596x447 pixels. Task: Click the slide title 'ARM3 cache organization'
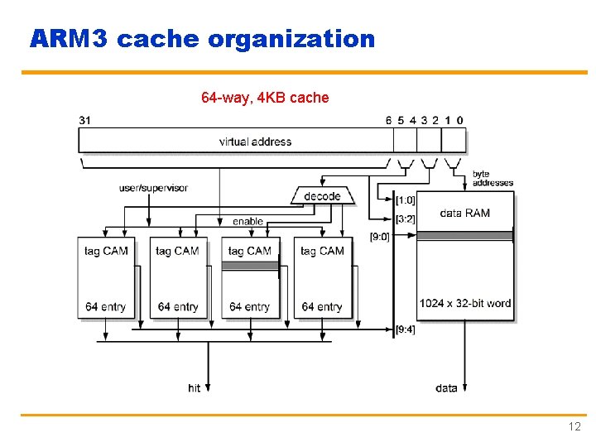(202, 39)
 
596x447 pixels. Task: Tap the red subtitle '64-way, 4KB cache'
(265, 98)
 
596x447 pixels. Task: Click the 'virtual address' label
(255, 142)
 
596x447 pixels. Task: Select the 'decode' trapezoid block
(322, 196)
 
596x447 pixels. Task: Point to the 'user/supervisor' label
(153, 188)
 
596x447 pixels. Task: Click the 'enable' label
(248, 221)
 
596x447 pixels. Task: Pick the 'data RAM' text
(464, 213)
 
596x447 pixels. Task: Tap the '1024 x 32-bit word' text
(465, 303)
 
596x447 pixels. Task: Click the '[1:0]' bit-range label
(406, 199)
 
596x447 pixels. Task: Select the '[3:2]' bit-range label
(406, 219)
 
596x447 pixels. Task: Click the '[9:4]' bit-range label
(406, 329)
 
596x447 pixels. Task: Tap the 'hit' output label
(195, 387)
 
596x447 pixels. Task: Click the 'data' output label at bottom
(446, 387)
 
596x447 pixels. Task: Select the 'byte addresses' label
(493, 178)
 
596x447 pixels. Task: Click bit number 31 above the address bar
(85, 120)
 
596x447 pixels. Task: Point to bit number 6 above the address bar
(389, 120)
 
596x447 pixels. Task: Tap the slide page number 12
(574, 427)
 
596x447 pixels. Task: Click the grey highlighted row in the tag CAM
(249, 266)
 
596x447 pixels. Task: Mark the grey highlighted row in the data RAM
(464, 236)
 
